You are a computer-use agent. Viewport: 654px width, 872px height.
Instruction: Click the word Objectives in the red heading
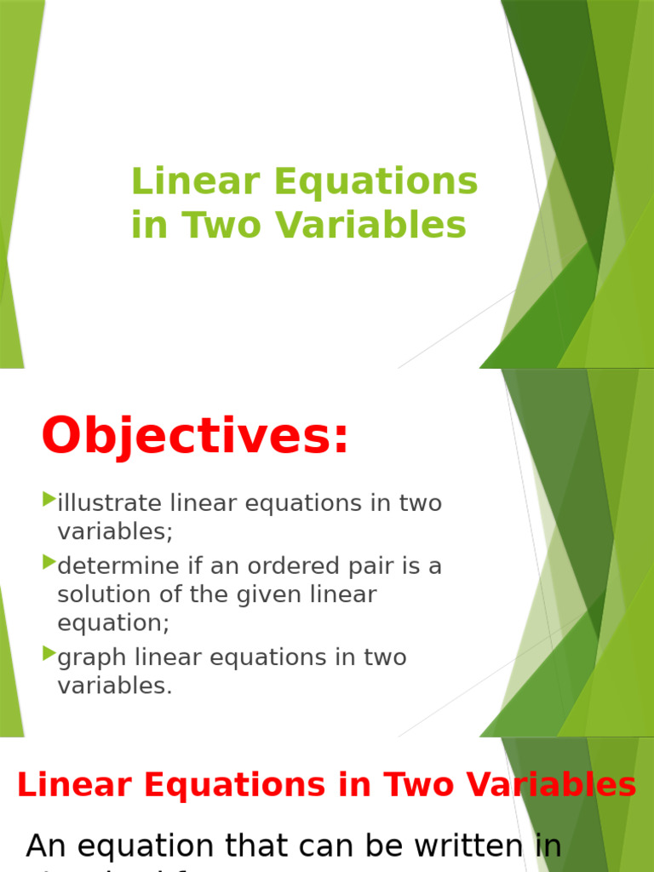pyautogui.click(x=195, y=436)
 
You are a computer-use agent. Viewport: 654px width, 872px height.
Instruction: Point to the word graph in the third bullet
pyautogui.click(x=91, y=658)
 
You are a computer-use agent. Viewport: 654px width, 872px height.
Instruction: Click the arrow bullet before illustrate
pyautogui.click(x=49, y=499)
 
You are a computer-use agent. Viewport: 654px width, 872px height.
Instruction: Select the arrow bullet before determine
pyautogui.click(x=49, y=562)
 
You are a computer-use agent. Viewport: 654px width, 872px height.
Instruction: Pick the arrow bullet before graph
pyautogui.click(x=49, y=654)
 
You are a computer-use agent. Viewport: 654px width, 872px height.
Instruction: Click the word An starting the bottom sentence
pyautogui.click(x=46, y=846)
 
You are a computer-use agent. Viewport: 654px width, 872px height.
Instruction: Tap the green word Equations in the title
pyautogui.click(x=385, y=183)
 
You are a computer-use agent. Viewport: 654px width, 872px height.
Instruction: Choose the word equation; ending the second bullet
pyautogui.click(x=113, y=623)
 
